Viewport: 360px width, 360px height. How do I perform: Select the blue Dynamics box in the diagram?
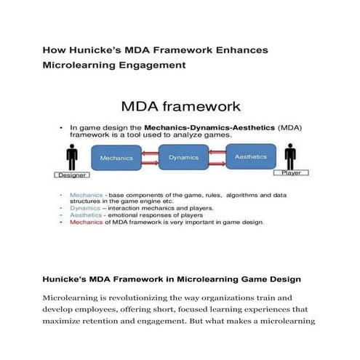183,156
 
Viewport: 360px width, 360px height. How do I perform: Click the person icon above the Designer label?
71,158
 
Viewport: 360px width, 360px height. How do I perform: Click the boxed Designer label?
72,175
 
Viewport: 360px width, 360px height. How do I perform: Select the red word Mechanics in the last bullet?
86,223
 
